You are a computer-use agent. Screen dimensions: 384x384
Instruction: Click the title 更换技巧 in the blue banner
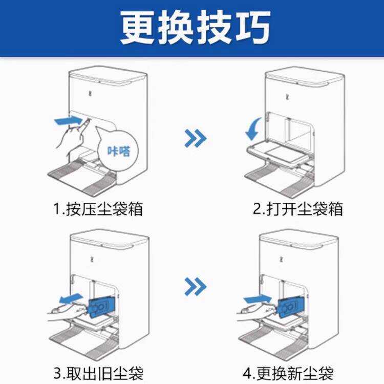pyautogui.click(x=195, y=27)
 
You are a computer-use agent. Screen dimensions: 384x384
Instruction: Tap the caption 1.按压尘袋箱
pyautogui.click(x=98, y=209)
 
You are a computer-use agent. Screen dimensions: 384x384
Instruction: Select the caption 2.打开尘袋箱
pyautogui.click(x=298, y=209)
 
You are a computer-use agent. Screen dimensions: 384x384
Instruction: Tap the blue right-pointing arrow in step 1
pyautogui.click(x=68, y=121)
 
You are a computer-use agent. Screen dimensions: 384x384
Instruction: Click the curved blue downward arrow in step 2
pyautogui.click(x=253, y=129)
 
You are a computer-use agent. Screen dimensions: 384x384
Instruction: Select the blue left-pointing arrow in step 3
pyautogui.click(x=71, y=298)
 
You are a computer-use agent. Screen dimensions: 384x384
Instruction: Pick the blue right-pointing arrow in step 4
pyautogui.click(x=258, y=299)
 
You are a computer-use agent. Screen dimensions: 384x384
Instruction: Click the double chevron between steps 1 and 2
pyautogui.click(x=195, y=138)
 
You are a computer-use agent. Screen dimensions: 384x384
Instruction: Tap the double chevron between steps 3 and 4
pyautogui.click(x=195, y=287)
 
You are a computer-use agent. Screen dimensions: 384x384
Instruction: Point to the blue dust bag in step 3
pyautogui.click(x=101, y=307)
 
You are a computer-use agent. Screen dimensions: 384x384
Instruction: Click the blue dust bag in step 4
pyautogui.click(x=291, y=307)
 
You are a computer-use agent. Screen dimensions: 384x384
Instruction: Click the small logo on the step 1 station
pyautogui.click(x=90, y=93)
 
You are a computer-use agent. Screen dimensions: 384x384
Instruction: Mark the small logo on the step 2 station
pyautogui.click(x=288, y=96)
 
